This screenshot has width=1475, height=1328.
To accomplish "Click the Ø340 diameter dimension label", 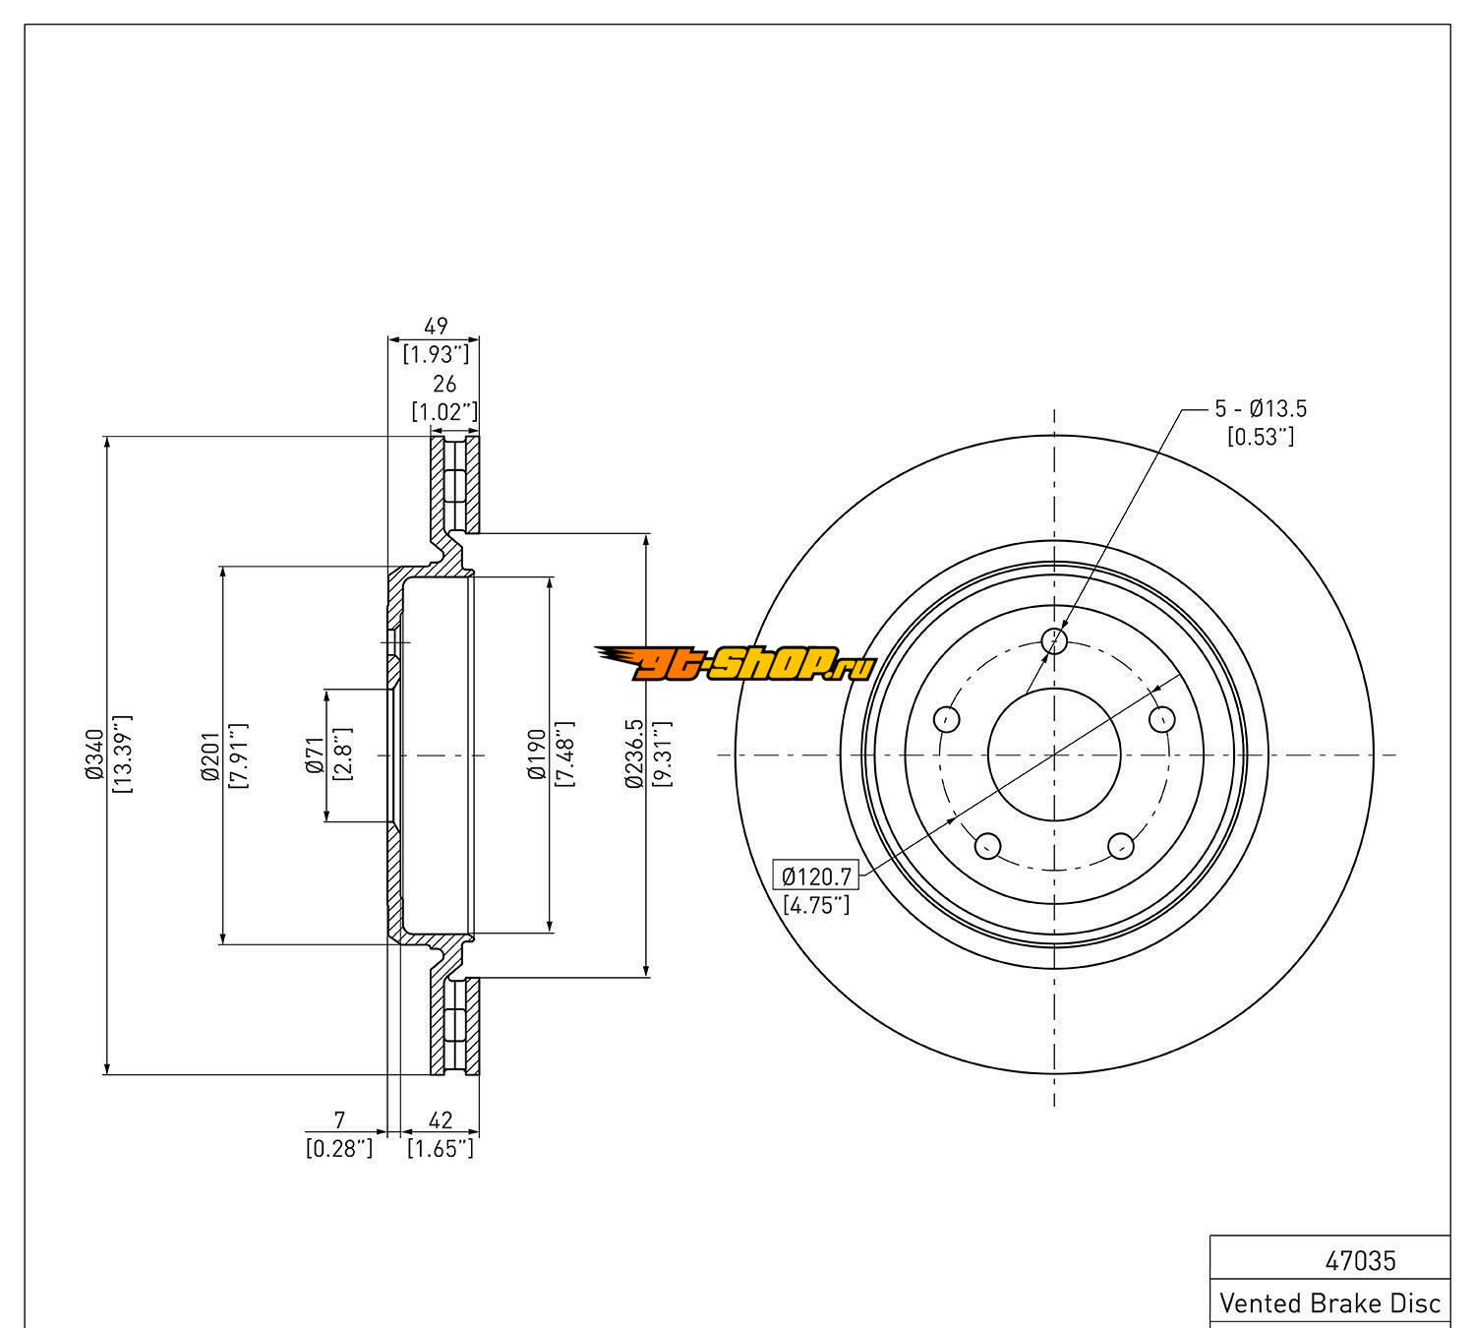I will point(94,755).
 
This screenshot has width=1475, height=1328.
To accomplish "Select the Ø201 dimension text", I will point(209,755).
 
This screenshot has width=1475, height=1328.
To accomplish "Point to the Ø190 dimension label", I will point(536,755).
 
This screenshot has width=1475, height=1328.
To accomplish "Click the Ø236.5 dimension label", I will point(634,755).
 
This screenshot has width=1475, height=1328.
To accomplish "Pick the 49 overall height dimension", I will point(436,326).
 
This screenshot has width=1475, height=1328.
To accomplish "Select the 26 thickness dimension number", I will point(444,385).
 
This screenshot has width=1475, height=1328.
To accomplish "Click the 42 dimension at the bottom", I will point(442,1119).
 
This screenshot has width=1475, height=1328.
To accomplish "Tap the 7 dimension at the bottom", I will point(340,1119).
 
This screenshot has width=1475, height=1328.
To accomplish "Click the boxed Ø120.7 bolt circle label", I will point(816,874).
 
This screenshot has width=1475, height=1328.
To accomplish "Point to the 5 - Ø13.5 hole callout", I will point(1261,409).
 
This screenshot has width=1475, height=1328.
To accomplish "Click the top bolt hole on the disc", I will point(1054,641).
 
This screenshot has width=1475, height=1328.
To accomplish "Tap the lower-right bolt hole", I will point(1121,846).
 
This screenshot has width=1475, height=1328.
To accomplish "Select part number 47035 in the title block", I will point(1361,1260).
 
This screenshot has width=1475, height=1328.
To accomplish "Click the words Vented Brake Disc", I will point(1329,1303).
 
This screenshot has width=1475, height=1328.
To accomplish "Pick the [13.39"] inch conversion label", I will point(125,755).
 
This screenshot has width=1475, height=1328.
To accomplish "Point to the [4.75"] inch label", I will point(816,904).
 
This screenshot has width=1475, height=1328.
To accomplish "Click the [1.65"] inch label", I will point(442,1147).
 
